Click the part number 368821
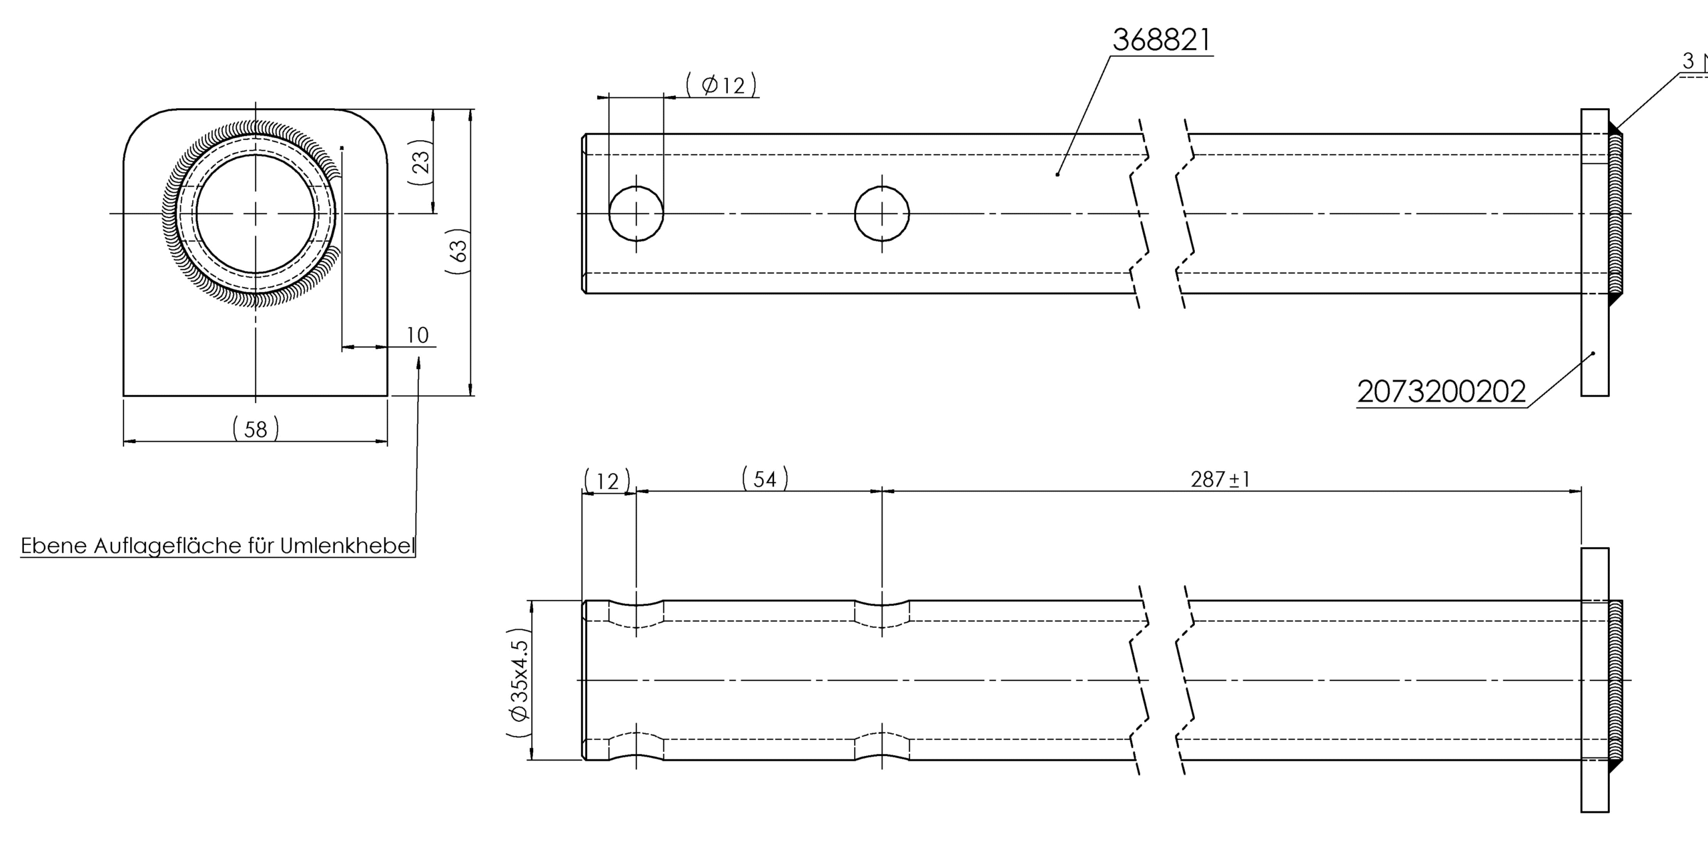tap(1161, 40)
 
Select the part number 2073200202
tap(1441, 392)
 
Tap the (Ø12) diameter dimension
tap(722, 85)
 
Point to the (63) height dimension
tap(458, 251)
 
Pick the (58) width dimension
tap(256, 428)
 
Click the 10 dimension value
tap(418, 335)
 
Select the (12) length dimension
tap(607, 480)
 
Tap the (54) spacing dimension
tap(765, 478)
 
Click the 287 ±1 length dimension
tap(1220, 479)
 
